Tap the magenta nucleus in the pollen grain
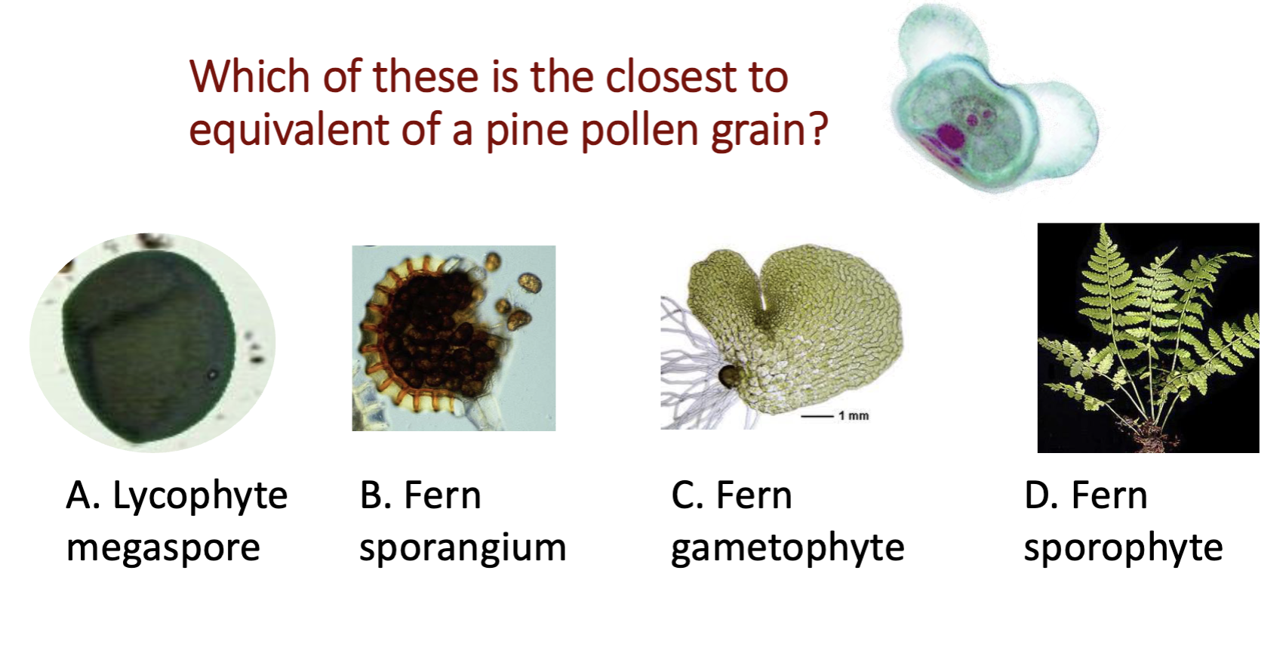tap(950, 137)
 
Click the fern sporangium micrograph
tap(454, 338)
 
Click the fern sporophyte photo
tap(1148, 338)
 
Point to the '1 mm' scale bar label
tap(853, 415)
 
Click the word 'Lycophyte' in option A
tap(200, 497)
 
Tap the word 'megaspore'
tap(163, 548)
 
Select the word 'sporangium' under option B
tap(462, 548)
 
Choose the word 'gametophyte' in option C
tap(787, 548)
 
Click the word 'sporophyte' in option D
tap(1123, 548)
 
